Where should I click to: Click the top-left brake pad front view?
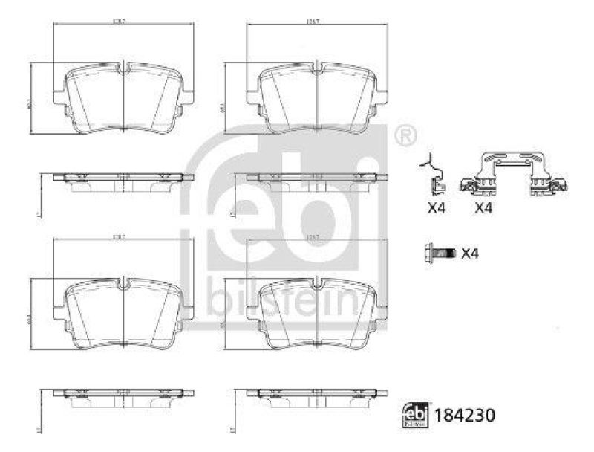pos(123,100)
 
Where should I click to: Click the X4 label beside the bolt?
pos(470,254)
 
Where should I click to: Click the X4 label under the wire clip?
pos(437,208)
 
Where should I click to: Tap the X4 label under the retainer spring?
pos(483,208)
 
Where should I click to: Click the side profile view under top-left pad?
pos(123,181)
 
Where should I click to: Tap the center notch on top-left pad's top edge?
pos(123,69)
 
